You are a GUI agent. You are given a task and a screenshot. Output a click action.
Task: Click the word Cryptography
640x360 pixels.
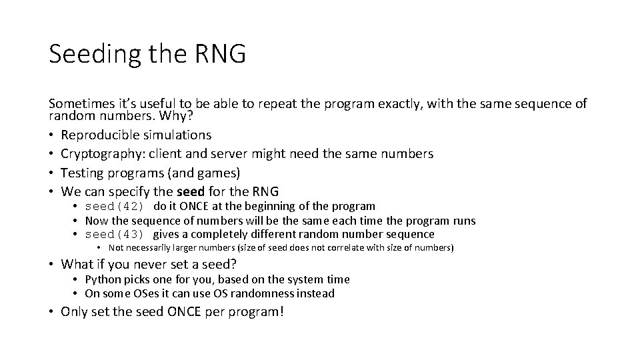[x=101, y=154]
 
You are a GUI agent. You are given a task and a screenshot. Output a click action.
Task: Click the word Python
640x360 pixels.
[x=103, y=280]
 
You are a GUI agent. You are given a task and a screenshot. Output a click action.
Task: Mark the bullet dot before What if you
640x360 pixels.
[x=52, y=263]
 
